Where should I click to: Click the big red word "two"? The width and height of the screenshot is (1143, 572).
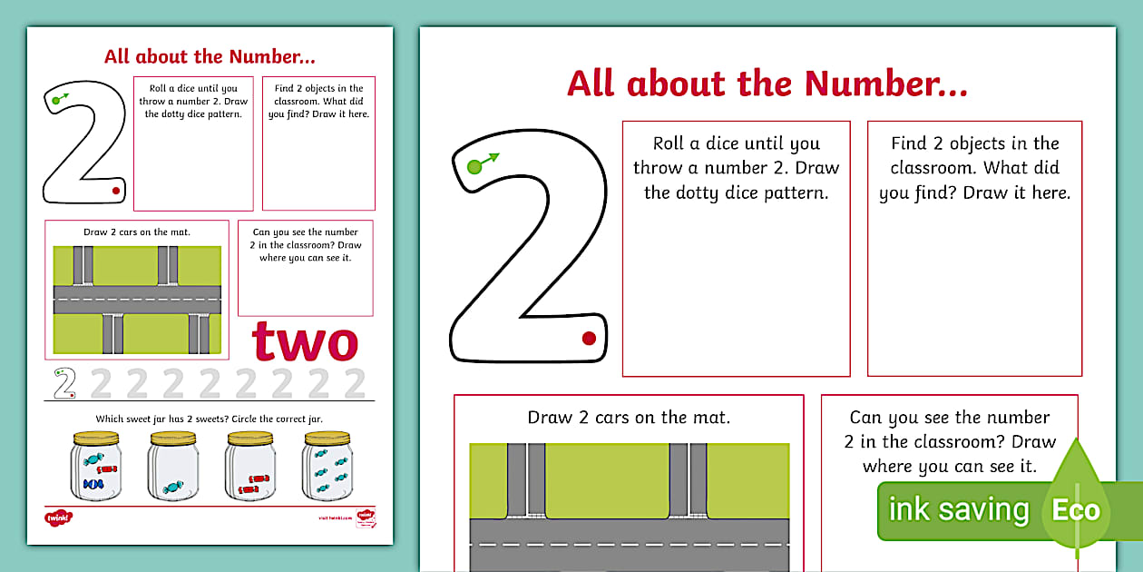(x=305, y=342)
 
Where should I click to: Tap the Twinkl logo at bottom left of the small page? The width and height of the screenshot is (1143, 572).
(x=57, y=518)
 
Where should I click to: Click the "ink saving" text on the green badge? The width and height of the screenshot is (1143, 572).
(x=959, y=509)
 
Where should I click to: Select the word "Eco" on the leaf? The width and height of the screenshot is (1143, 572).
(x=1076, y=509)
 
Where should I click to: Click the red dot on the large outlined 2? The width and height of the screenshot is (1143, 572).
(x=589, y=339)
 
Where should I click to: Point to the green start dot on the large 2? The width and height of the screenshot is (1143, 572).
(x=474, y=167)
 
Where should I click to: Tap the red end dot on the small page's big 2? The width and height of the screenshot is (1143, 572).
(x=115, y=192)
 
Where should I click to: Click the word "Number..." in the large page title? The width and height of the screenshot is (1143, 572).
(x=886, y=84)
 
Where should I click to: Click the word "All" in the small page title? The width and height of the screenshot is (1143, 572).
(x=118, y=56)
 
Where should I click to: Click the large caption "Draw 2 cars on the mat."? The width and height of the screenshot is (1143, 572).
(x=629, y=418)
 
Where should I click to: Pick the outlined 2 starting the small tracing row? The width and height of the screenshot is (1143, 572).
(x=63, y=384)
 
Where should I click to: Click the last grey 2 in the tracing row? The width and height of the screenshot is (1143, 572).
(x=355, y=384)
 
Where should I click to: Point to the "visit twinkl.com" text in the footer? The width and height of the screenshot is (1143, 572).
(x=334, y=518)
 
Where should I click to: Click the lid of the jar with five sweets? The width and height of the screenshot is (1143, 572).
(x=327, y=439)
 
